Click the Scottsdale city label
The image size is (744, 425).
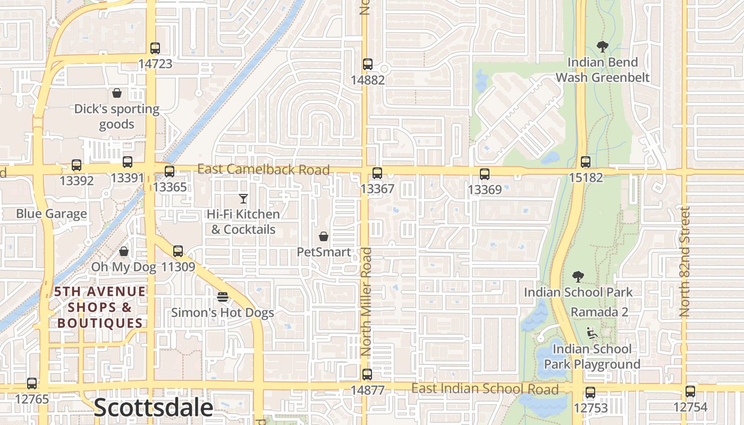coord(153,408)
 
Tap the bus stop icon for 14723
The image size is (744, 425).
coord(155,48)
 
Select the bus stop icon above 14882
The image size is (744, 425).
coord(368,65)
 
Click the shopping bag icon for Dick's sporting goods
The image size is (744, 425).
coord(117,93)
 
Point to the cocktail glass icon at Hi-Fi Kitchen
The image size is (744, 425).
coord(243,199)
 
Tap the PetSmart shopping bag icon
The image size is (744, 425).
coord(323,236)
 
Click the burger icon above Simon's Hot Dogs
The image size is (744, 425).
coord(223,296)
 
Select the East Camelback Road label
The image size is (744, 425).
coord(264,169)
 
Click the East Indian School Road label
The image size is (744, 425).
coord(485,389)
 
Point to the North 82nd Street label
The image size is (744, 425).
coord(685,261)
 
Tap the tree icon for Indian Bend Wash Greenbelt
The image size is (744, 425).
coord(603,47)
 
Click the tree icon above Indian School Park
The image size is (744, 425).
coord(578,277)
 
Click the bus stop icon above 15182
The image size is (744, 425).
coord(586,162)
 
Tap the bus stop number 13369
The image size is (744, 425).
coord(485,189)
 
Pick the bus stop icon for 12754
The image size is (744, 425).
coord(690,392)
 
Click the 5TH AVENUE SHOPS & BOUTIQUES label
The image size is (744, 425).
coord(100,307)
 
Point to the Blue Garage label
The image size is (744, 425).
coord(52,214)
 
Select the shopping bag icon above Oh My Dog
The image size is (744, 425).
coord(124,251)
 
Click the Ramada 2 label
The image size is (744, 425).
coord(599,312)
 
